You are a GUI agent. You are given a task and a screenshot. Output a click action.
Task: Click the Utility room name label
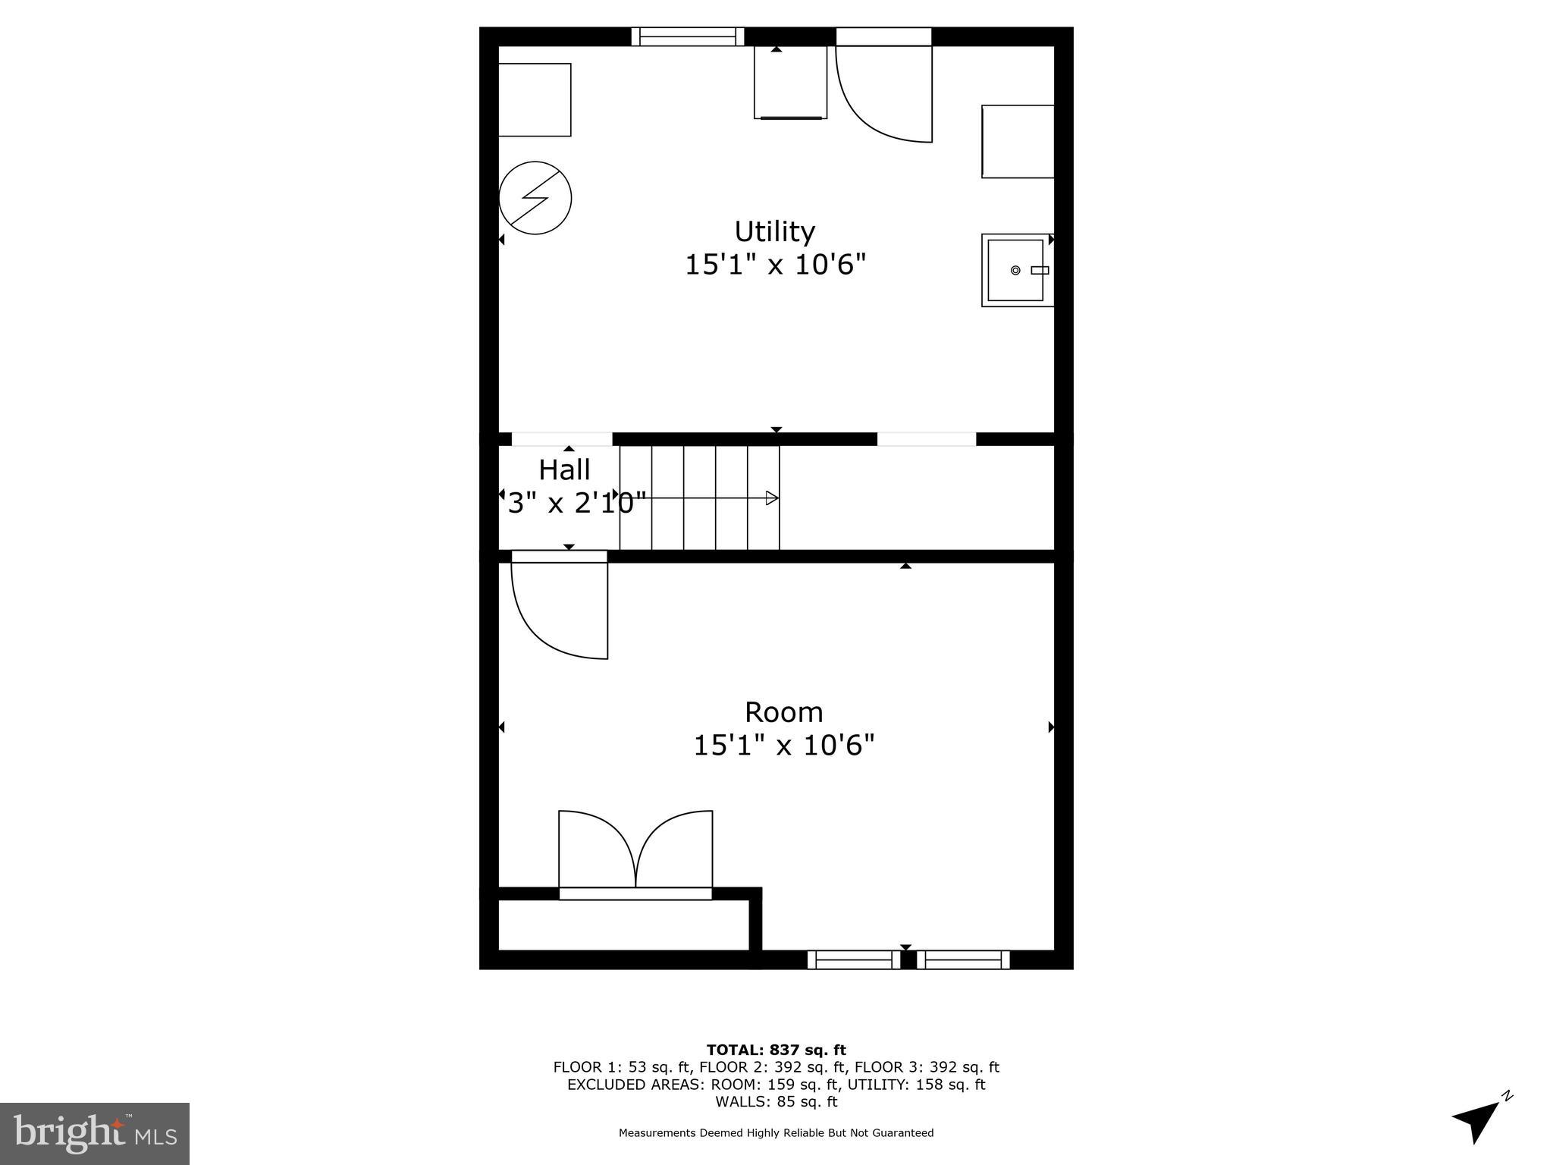tap(774, 231)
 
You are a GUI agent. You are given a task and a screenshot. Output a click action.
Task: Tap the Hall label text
tap(564, 470)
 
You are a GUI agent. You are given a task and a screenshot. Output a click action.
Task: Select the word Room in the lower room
tap(783, 712)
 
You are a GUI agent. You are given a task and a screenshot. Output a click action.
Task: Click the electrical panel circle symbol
tap(535, 197)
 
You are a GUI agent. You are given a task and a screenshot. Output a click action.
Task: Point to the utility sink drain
tap(1015, 270)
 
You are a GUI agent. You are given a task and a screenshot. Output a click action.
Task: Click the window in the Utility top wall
tap(688, 36)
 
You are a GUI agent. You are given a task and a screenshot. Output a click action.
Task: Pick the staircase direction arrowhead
tap(772, 498)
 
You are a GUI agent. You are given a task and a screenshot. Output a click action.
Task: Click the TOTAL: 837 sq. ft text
tap(776, 1050)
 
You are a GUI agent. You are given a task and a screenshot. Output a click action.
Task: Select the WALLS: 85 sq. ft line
tap(776, 1101)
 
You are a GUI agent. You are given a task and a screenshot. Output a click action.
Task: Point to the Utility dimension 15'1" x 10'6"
tap(775, 265)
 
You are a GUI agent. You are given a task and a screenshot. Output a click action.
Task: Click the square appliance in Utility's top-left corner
tap(534, 100)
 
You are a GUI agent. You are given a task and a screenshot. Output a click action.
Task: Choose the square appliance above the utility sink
tap(1018, 142)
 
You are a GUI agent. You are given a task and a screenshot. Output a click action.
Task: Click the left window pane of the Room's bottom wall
tap(853, 959)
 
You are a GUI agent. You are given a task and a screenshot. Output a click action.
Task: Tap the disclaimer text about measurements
tap(776, 1133)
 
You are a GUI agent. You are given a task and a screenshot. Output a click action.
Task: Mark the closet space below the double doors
tap(623, 925)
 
